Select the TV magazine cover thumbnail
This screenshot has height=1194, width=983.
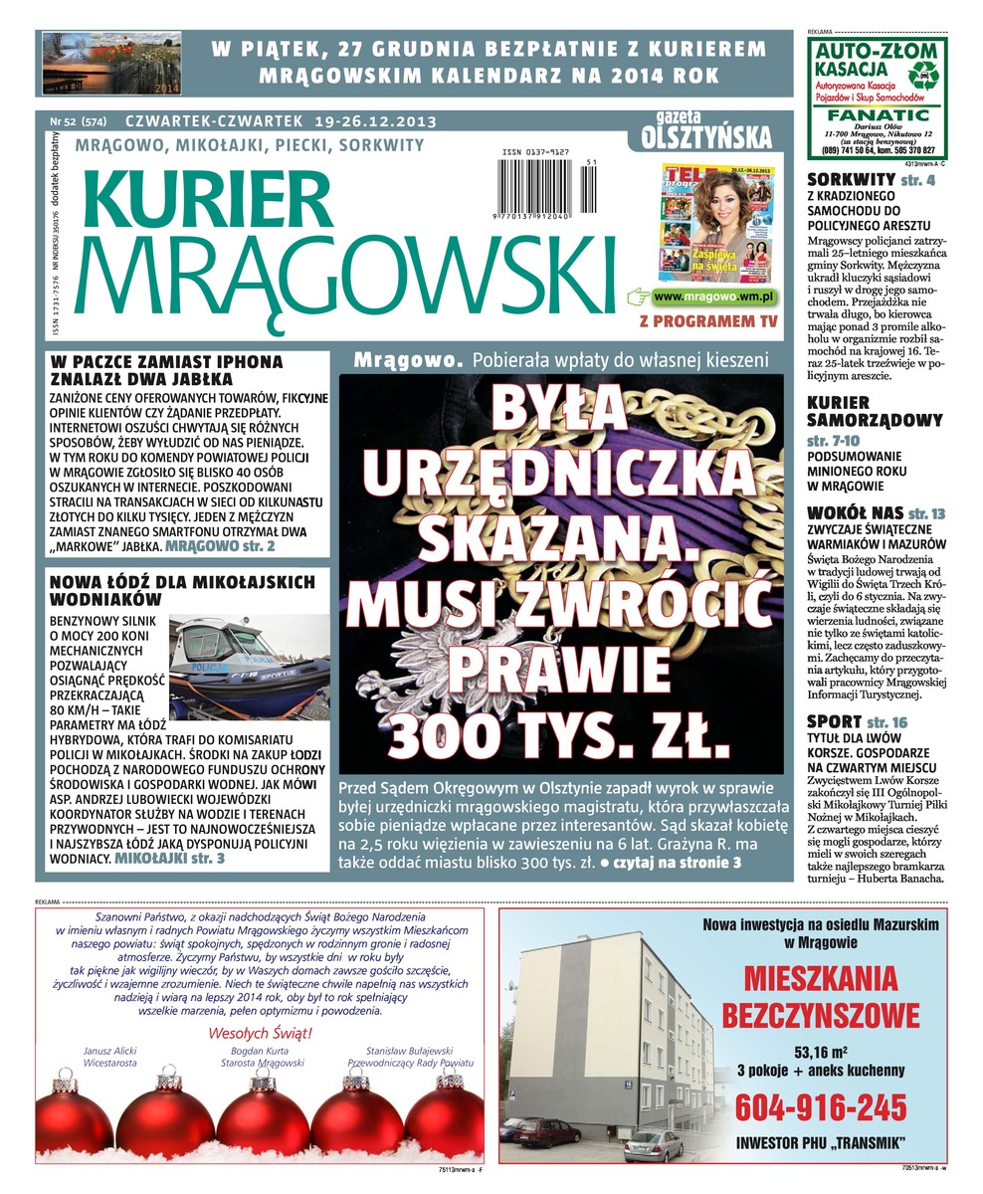(719, 220)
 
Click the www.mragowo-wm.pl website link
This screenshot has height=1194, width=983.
(715, 297)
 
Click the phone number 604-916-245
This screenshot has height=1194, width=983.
(821, 1106)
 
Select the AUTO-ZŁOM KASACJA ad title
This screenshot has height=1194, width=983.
(850, 58)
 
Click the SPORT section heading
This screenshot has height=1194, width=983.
(834, 721)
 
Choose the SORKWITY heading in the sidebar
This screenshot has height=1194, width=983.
(852, 180)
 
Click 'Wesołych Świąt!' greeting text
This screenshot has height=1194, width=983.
(260, 1033)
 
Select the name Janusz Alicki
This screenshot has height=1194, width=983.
(112, 1051)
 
